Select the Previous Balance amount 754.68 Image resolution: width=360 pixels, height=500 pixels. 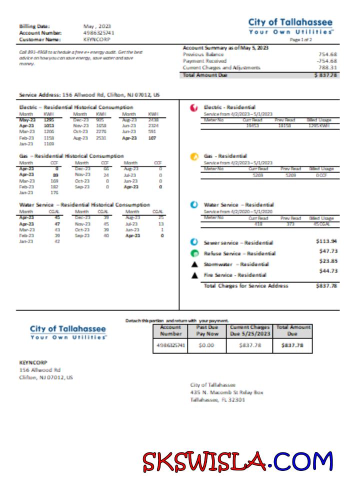(327, 54)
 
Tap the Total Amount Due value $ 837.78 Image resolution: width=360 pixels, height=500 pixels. (325, 74)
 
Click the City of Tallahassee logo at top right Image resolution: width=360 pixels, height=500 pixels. (290, 26)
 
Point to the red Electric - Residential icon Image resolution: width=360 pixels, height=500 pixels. (193, 107)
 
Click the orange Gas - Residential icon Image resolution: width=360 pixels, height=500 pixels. (193, 156)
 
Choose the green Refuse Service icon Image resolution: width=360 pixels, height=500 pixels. (194, 253)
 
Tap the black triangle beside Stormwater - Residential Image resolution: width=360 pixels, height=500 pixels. (194, 264)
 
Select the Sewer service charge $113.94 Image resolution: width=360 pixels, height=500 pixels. (326, 241)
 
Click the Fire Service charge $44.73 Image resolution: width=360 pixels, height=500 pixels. (327, 271)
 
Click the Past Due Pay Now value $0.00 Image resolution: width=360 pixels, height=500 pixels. (206, 345)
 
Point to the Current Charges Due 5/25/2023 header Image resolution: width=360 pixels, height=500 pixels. (249, 330)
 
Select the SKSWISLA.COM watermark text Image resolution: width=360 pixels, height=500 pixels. (237, 461)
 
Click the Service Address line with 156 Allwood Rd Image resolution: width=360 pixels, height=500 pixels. (89, 94)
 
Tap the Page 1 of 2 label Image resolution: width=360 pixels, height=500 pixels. (300, 39)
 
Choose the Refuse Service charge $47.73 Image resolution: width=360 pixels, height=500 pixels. (327, 251)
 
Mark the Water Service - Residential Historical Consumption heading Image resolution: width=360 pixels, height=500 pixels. (84, 205)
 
